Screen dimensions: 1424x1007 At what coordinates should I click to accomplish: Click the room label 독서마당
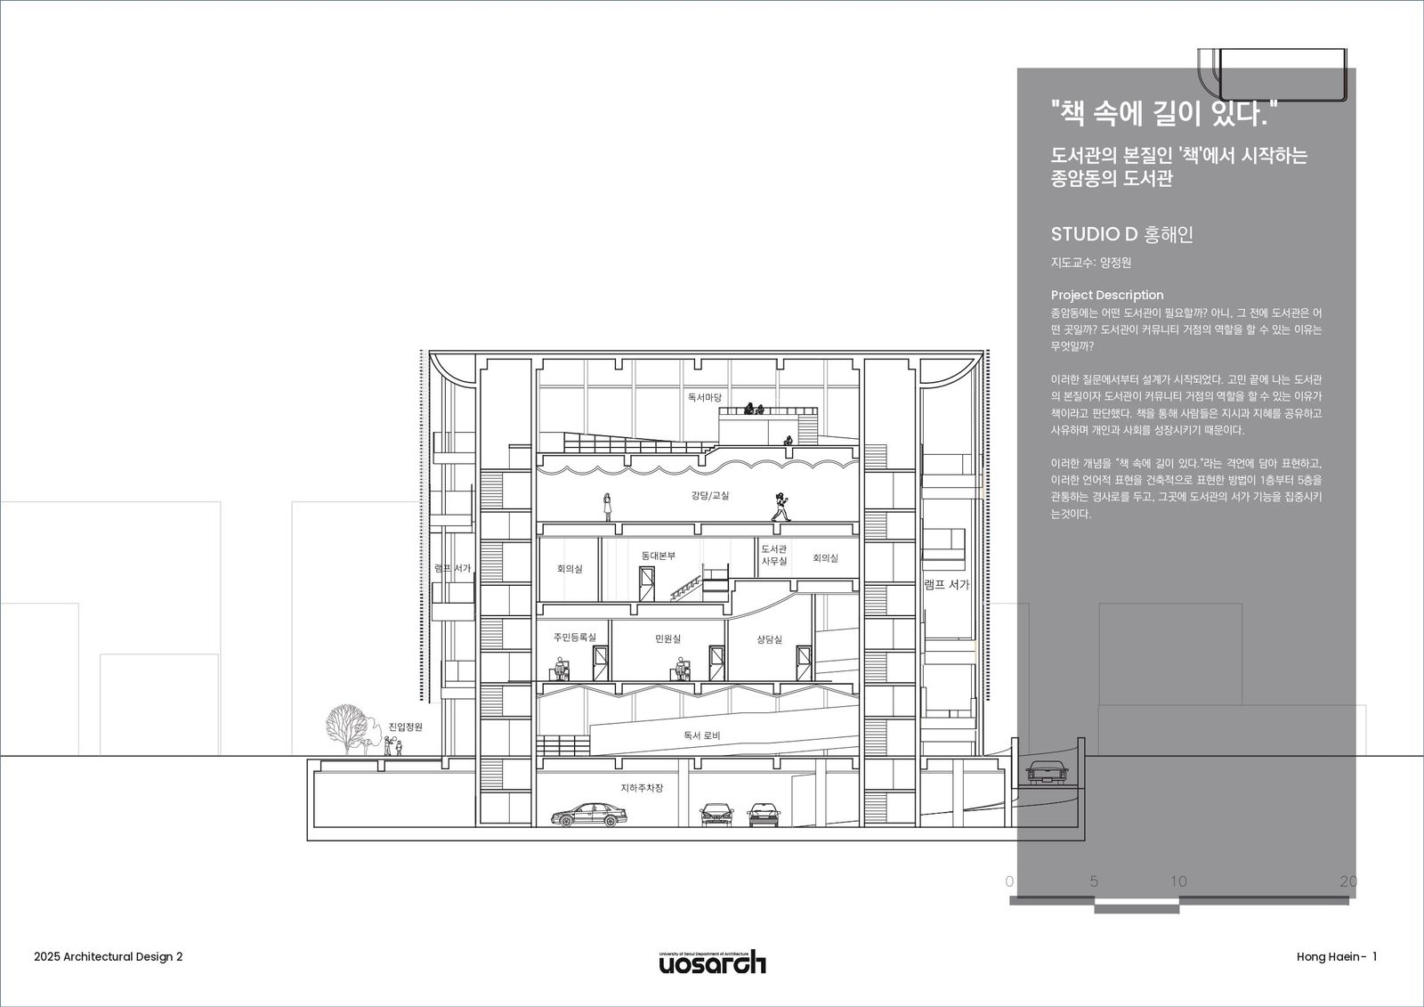click(704, 398)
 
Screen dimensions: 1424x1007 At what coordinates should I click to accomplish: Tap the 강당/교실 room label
click(710, 495)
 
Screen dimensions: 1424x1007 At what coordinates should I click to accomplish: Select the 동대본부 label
click(658, 556)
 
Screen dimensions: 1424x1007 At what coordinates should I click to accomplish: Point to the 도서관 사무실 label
click(774, 555)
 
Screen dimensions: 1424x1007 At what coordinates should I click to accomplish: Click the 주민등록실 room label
click(575, 637)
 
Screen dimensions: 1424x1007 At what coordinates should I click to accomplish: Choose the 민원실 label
click(667, 638)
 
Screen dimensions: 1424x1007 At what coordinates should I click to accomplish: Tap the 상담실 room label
click(769, 638)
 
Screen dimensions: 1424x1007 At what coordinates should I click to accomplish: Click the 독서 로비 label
click(702, 735)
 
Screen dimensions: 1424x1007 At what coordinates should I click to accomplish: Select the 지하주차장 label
click(642, 788)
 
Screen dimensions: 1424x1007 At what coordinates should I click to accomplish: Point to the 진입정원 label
click(406, 727)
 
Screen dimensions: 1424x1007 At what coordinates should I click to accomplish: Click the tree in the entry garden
click(347, 729)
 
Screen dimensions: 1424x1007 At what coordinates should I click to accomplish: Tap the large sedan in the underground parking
click(588, 815)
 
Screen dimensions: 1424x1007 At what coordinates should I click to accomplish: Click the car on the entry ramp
click(1047, 772)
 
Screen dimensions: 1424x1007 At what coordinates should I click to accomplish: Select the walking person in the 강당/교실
click(781, 507)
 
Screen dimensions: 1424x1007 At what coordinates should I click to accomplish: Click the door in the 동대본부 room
click(646, 583)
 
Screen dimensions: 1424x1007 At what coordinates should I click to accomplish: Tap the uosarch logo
click(712, 962)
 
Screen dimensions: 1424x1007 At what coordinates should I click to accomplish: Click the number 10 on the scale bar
click(1178, 881)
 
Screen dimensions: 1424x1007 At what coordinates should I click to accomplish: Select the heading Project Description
click(1107, 295)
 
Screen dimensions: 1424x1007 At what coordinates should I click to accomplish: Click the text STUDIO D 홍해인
click(1121, 234)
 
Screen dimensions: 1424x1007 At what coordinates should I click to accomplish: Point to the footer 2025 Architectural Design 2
click(108, 957)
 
